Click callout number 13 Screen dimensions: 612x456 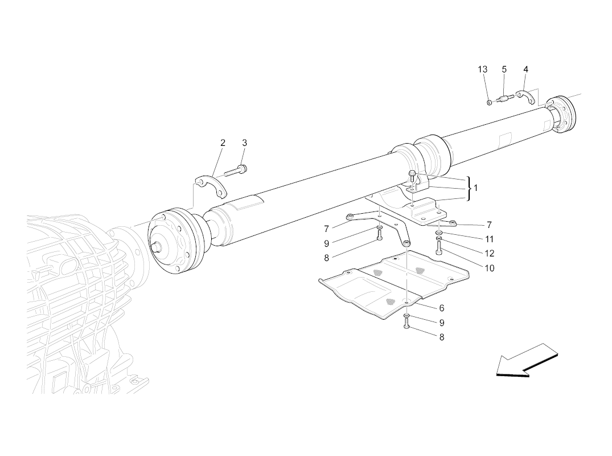[x=482, y=70]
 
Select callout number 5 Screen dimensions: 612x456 [x=504, y=70]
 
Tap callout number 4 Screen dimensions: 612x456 [x=525, y=70]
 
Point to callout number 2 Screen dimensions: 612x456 [x=223, y=143]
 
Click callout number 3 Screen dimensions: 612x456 [x=244, y=143]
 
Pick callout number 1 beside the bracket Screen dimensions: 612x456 [x=476, y=188]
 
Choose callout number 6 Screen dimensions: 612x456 [x=441, y=308]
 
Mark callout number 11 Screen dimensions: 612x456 [x=489, y=239]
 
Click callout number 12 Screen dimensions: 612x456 [x=490, y=254]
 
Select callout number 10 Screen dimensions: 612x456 [x=490, y=268]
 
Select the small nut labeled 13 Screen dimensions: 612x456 [x=488, y=103]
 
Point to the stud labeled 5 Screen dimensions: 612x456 [x=503, y=99]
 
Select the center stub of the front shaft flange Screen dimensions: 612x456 [x=158, y=247]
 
